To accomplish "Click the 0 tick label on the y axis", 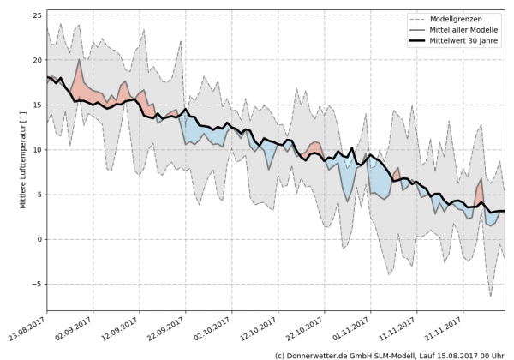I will point(38,239).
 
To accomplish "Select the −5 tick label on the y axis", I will point(35,284).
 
